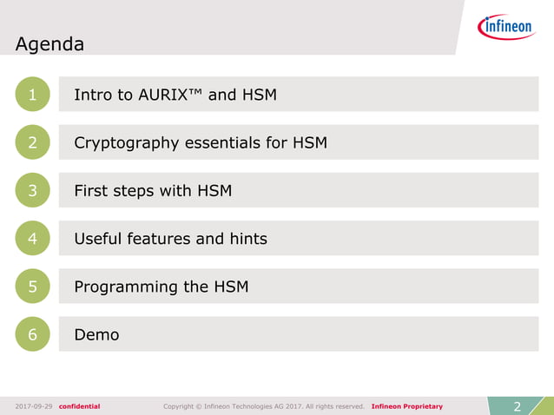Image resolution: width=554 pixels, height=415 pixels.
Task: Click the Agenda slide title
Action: tap(49, 44)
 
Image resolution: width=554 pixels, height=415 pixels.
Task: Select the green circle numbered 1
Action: tap(32, 95)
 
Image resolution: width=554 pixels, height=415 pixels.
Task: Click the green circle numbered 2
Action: tap(32, 142)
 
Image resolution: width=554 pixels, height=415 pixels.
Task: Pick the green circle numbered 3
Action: tap(32, 190)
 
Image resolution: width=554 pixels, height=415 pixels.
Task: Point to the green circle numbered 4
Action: tap(32, 238)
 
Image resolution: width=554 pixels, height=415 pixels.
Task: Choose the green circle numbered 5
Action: tap(32, 286)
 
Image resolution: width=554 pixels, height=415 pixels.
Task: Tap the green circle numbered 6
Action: tap(32, 334)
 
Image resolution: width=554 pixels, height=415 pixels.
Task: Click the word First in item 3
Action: tap(91, 190)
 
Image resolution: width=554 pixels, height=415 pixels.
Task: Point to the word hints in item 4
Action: tap(245, 238)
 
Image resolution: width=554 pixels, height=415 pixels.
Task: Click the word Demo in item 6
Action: tap(96, 334)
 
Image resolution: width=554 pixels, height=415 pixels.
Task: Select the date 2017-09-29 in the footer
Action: tap(34, 406)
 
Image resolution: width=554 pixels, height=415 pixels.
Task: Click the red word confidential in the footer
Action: tap(79, 406)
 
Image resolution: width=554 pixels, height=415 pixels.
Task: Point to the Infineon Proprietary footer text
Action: tap(406, 406)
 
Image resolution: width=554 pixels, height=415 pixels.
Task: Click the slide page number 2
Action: tap(518, 405)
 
